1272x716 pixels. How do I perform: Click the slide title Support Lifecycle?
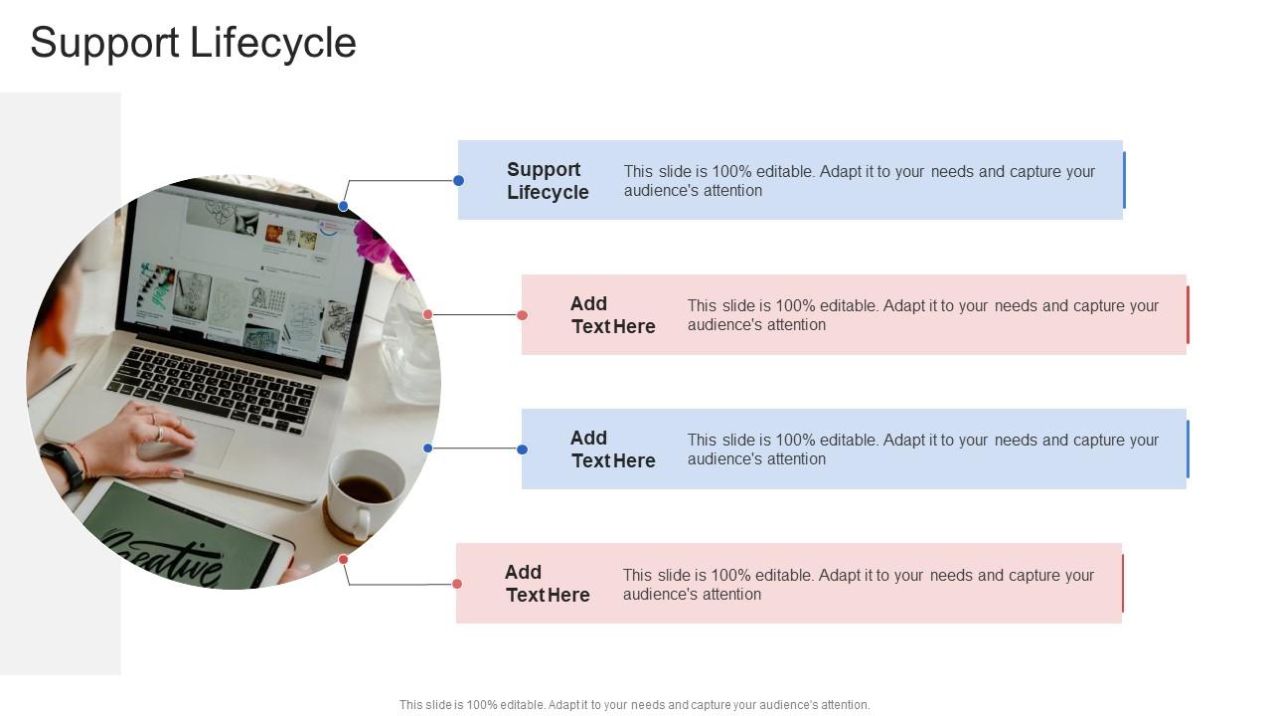coord(193,43)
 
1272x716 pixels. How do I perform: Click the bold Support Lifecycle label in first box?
coord(548,181)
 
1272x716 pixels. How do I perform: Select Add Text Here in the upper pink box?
coord(612,315)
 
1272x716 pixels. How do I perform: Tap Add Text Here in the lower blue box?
coord(612,449)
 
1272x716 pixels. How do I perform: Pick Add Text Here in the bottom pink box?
coord(547,584)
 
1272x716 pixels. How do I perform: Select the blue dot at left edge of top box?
coord(458,180)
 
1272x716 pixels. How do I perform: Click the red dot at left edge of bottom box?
coord(457,584)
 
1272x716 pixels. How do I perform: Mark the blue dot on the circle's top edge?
coord(343,206)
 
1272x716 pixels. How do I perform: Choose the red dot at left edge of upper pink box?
coord(522,315)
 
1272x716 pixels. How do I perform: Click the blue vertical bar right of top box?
coord(1124,180)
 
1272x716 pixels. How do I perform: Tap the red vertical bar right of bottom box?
coord(1123,584)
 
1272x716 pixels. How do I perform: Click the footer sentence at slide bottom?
coord(634,705)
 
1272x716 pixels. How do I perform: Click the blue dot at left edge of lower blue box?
coord(522,449)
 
